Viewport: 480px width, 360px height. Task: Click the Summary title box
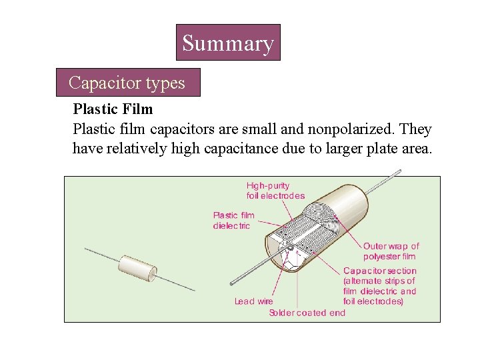tap(227, 43)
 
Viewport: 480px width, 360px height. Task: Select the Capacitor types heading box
tap(127, 83)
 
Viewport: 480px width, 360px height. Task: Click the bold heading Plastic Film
tap(113, 109)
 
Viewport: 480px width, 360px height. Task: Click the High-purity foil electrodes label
tap(275, 191)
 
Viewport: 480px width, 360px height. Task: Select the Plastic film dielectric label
tap(233, 220)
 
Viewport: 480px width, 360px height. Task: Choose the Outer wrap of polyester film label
tap(391, 251)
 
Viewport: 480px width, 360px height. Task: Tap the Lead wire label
tap(253, 301)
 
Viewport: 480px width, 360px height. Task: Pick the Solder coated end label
tap(307, 313)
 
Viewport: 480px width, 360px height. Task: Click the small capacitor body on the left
tap(137, 267)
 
